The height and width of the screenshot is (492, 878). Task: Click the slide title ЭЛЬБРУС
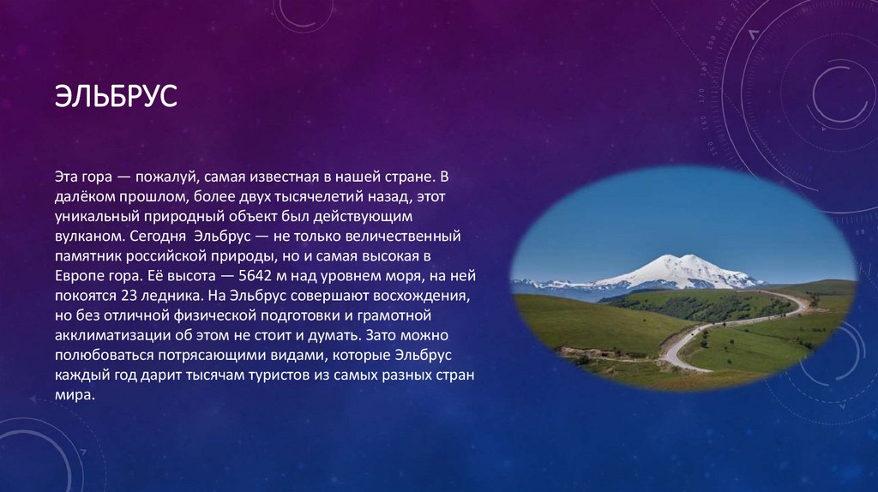(x=116, y=95)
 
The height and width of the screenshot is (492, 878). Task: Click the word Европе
(x=77, y=276)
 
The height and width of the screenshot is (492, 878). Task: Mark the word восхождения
(x=424, y=296)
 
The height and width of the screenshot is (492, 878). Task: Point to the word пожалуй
(x=166, y=177)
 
